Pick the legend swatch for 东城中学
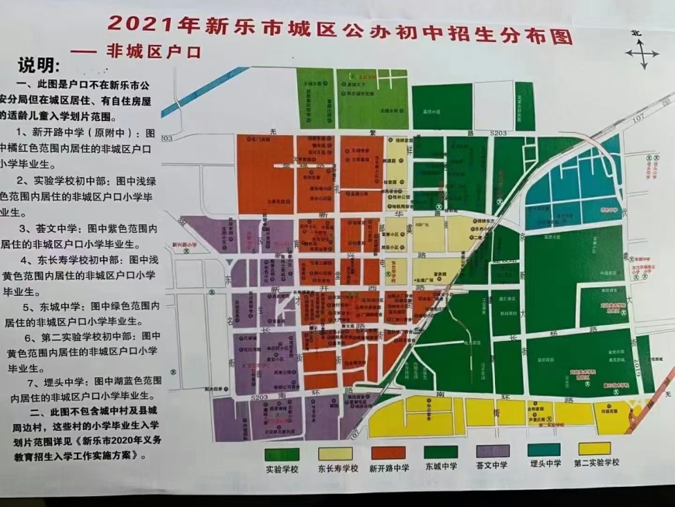tap(441, 452)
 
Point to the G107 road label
tap(638, 117)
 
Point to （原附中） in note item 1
tap(107, 132)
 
